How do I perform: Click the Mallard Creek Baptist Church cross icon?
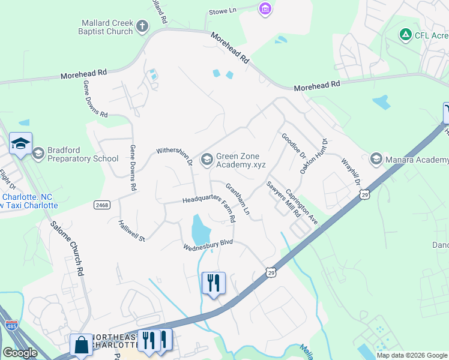[x=142, y=26]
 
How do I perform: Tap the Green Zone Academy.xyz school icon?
[x=207, y=159]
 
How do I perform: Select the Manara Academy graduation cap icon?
[x=376, y=158]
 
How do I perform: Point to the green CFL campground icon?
[x=406, y=35]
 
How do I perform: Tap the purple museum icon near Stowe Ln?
[x=265, y=10]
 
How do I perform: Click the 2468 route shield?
[x=101, y=205]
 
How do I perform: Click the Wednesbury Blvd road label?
[x=208, y=245]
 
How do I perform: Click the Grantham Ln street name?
[x=237, y=200]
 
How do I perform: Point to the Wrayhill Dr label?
[x=351, y=171]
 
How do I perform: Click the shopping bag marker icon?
[x=81, y=346]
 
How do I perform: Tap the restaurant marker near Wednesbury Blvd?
[x=213, y=281]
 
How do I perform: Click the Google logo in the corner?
[x=20, y=353]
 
